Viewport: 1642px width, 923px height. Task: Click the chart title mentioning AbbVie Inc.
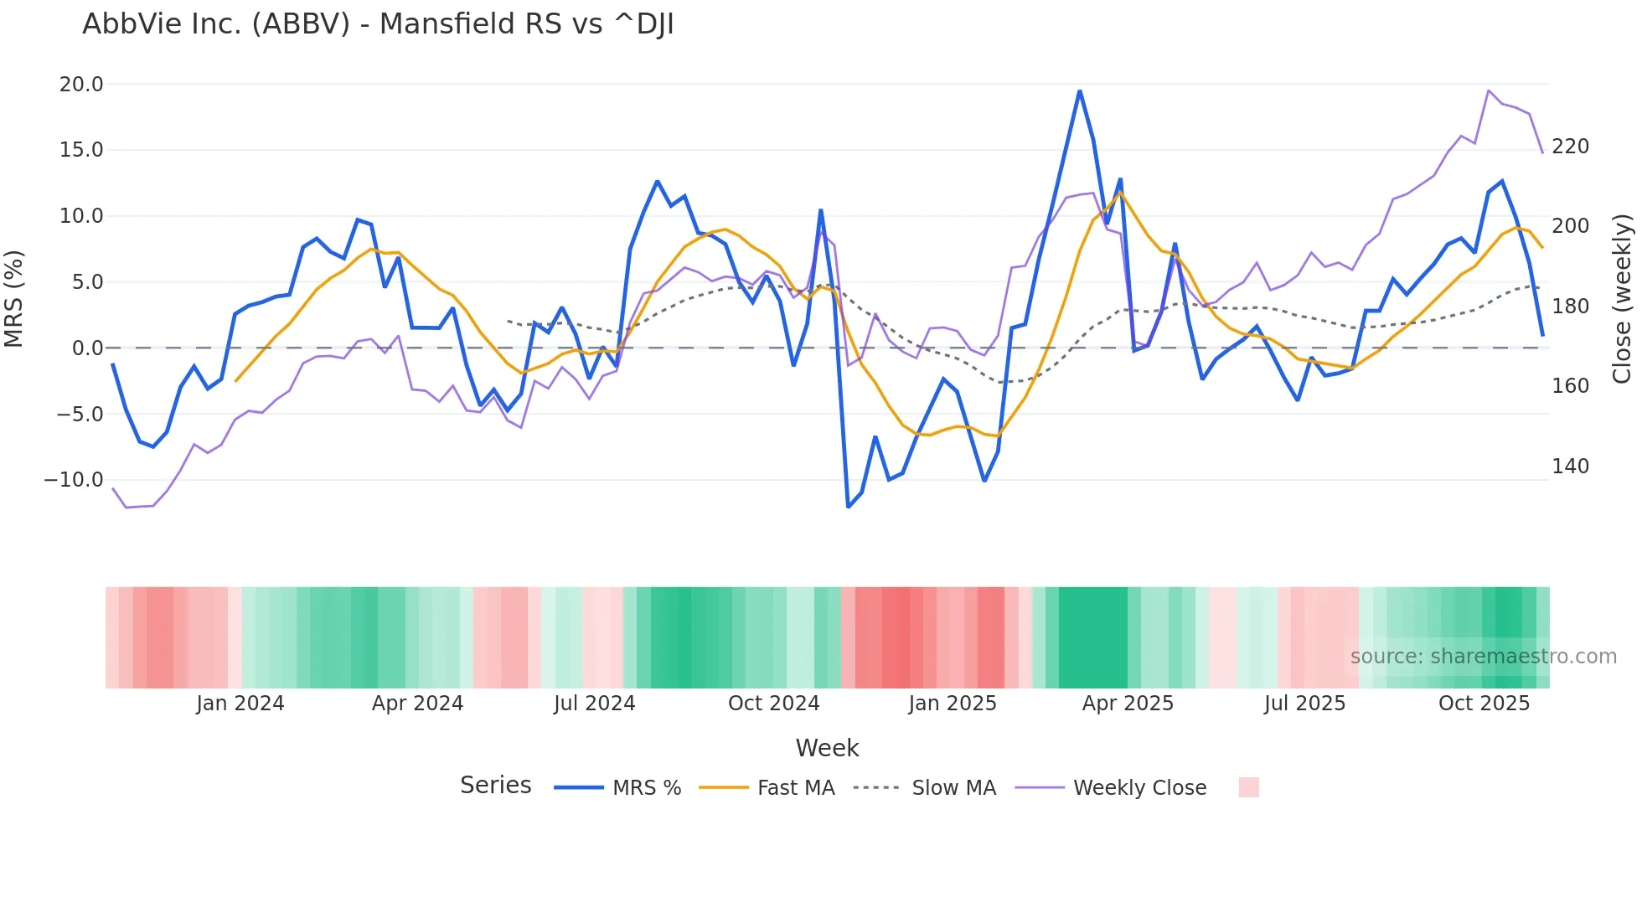pyautogui.click(x=378, y=24)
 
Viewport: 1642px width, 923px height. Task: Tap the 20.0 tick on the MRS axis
pyautogui.click(x=81, y=85)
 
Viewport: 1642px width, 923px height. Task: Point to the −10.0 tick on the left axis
pyautogui.click(x=75, y=481)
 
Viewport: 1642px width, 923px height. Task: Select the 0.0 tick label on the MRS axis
pyautogui.click(x=87, y=348)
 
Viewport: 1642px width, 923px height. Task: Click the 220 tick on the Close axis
pyautogui.click(x=1570, y=147)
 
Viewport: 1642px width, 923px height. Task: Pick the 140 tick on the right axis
pyautogui.click(x=1570, y=467)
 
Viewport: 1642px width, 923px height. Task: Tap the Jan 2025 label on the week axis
pyautogui.click(x=953, y=704)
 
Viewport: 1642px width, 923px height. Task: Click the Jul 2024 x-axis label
pyautogui.click(x=594, y=704)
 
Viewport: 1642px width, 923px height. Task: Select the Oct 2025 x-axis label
pyautogui.click(x=1484, y=704)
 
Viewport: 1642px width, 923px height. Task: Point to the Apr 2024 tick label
pyautogui.click(x=417, y=704)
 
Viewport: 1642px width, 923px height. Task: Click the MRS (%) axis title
pyautogui.click(x=14, y=299)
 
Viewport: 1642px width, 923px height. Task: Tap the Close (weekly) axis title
pyautogui.click(x=1622, y=299)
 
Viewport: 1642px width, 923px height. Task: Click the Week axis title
pyautogui.click(x=827, y=748)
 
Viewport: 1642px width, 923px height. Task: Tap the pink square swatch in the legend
pyautogui.click(x=1248, y=787)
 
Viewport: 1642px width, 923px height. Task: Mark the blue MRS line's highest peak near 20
pyautogui.click(x=1080, y=90)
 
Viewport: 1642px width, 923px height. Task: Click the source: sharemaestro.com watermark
pyautogui.click(x=1483, y=657)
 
